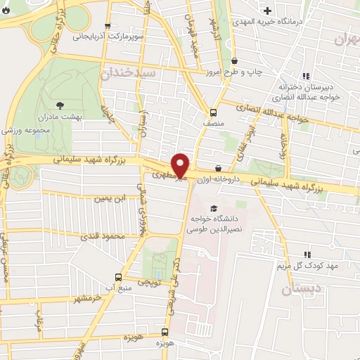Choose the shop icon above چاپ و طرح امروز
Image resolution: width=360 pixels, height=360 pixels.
(234, 61)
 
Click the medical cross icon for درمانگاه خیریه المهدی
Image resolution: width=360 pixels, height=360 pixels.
(267, 11)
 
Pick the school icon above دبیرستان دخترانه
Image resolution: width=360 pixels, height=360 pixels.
(305, 76)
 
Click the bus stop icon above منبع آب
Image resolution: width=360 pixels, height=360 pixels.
(117, 277)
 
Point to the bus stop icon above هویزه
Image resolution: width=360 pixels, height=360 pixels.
(165, 331)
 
